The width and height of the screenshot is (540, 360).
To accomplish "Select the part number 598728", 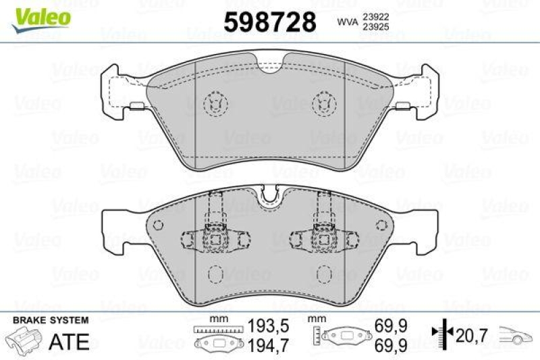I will (269, 22).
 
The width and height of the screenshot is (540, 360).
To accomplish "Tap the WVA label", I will (346, 23).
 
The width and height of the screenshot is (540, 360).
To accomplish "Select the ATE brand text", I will (71, 341).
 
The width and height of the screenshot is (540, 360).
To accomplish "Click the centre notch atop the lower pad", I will (270, 195).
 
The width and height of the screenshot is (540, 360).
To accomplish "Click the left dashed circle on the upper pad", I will (215, 102).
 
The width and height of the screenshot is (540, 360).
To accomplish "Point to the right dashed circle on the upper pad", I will (325, 102).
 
